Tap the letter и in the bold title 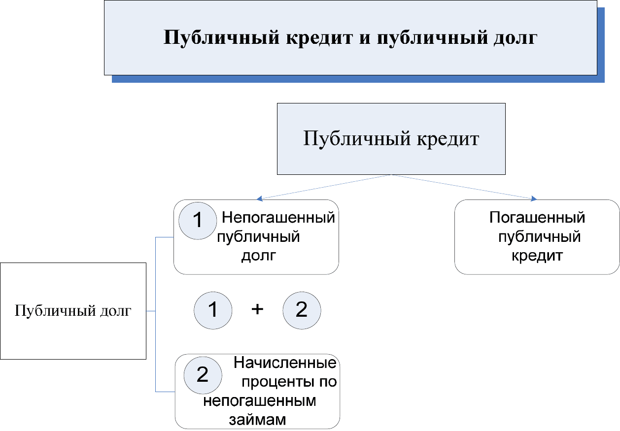(x=365, y=38)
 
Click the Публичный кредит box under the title (x=391, y=139)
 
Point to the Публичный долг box (x=73, y=311)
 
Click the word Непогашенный (x=278, y=217)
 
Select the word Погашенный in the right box (x=537, y=217)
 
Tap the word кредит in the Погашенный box (x=537, y=256)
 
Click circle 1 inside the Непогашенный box (x=198, y=221)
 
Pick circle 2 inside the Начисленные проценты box (x=203, y=375)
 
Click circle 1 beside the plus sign (x=213, y=310)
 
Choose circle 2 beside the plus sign (x=302, y=310)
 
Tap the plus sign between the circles (x=257, y=309)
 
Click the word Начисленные (x=285, y=363)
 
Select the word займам (x=257, y=420)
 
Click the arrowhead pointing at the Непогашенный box (x=259, y=199)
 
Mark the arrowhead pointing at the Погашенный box (x=534, y=199)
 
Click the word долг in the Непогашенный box (x=259, y=256)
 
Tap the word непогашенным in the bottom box (x=260, y=401)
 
